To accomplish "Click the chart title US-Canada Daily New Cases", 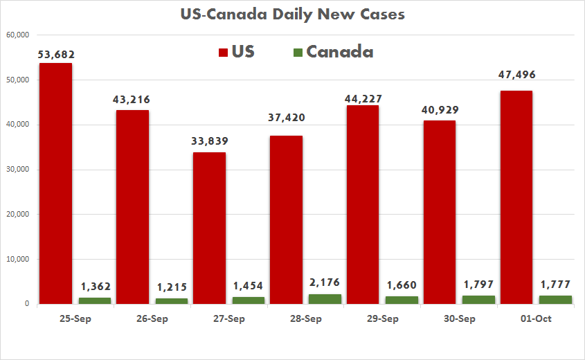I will [x=292, y=14].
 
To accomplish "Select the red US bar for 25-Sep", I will [x=55, y=183].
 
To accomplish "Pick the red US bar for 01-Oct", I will [x=516, y=197].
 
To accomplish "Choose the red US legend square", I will [x=224, y=53].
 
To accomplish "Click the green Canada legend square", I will [x=298, y=53].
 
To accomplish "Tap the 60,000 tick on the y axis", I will [x=17, y=35].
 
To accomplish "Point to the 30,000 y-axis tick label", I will [x=17, y=170].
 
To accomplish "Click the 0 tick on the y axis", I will [x=26, y=304].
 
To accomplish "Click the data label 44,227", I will [x=363, y=98].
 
